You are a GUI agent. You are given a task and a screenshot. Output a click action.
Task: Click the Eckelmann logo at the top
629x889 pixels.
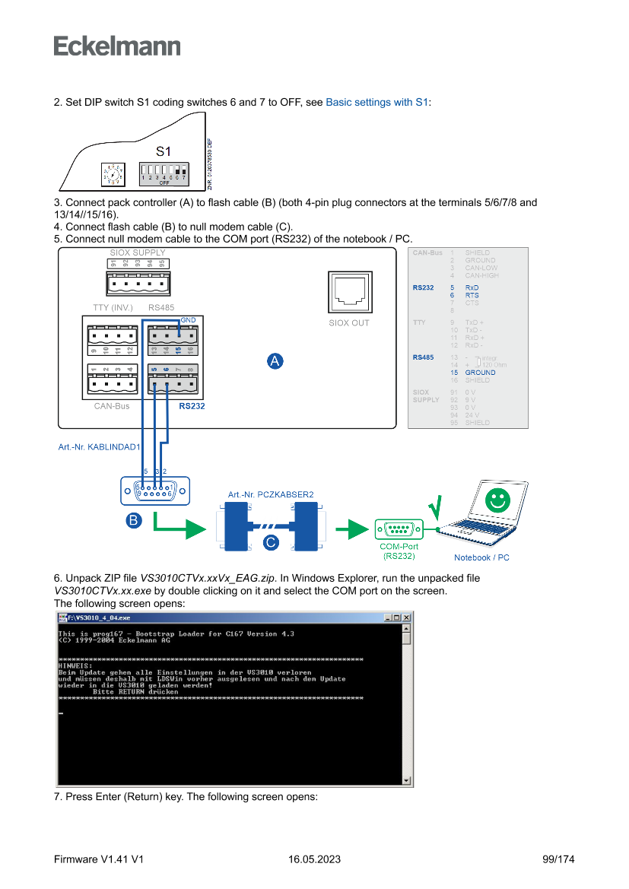pyautogui.click(x=117, y=46)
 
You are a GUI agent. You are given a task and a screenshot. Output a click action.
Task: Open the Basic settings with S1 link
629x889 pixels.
pyautogui.click(x=377, y=102)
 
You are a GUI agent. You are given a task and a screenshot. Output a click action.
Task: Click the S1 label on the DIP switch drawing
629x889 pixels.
pyautogui.click(x=164, y=151)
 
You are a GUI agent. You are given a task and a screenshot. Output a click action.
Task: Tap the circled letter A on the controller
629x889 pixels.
pyautogui.click(x=275, y=362)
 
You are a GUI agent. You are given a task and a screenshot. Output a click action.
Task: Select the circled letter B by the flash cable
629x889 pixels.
pyautogui.click(x=133, y=520)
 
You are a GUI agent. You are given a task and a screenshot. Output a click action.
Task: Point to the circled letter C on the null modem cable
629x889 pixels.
pyautogui.click(x=271, y=542)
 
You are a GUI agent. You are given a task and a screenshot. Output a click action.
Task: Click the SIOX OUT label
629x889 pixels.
pyautogui.click(x=349, y=322)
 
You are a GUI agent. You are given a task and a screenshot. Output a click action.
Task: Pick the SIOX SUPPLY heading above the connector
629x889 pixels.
pyautogui.click(x=138, y=252)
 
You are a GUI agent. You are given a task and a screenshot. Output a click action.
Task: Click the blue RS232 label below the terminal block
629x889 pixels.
pyautogui.click(x=192, y=406)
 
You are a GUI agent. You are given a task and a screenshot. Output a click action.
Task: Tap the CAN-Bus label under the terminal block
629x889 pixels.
pyautogui.click(x=112, y=406)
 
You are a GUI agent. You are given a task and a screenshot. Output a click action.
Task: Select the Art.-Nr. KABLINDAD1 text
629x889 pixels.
pyautogui.click(x=99, y=446)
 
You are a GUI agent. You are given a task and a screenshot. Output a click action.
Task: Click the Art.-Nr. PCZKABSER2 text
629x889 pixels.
pyautogui.click(x=271, y=494)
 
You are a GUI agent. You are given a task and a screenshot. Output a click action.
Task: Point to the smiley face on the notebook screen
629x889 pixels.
pyautogui.click(x=497, y=500)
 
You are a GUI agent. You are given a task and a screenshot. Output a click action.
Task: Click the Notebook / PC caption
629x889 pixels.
pyautogui.click(x=481, y=557)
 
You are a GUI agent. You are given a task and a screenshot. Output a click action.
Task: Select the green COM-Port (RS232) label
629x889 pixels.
pyautogui.click(x=399, y=551)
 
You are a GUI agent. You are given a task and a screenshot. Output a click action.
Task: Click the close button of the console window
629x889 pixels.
pyautogui.click(x=406, y=618)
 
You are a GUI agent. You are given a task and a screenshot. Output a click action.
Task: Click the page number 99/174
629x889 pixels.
pyautogui.click(x=558, y=859)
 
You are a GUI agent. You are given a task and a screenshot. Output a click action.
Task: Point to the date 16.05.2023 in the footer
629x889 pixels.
pyautogui.click(x=314, y=859)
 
